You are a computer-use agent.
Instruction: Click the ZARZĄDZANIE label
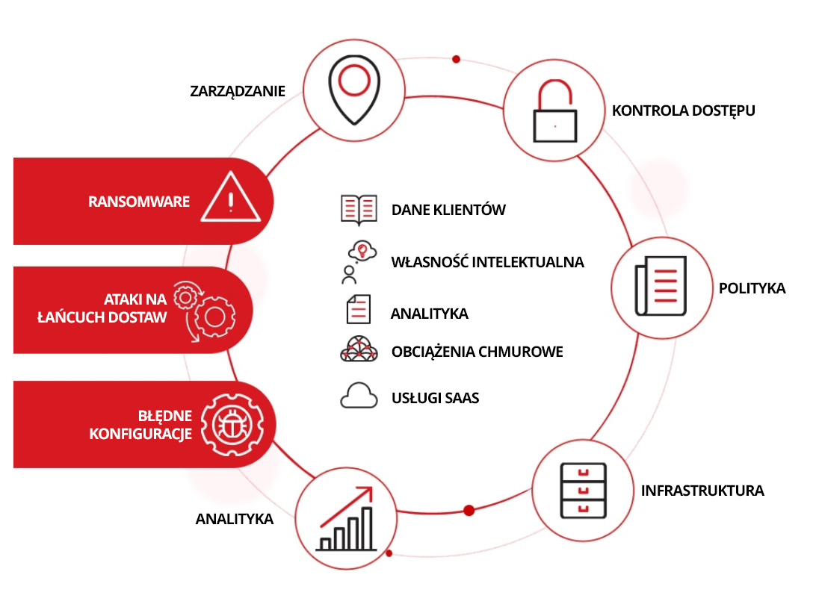(238, 91)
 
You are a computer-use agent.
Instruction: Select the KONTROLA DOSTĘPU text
(683, 111)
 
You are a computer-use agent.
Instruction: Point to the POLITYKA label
(752, 287)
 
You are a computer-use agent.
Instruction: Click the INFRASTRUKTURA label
(702, 491)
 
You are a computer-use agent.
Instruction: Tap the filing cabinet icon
(584, 491)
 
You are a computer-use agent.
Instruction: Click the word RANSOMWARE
(139, 202)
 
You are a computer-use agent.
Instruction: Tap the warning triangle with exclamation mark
(231, 199)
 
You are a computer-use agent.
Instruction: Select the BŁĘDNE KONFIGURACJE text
(140, 425)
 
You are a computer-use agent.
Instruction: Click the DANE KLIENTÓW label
(448, 210)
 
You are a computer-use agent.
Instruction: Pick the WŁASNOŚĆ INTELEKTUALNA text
(487, 262)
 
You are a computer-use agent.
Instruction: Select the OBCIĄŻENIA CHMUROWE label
(477, 352)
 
